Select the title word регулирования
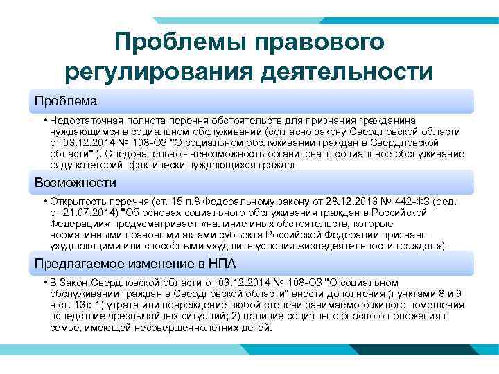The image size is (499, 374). coord(157,72)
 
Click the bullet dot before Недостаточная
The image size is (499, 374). coord(44,120)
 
